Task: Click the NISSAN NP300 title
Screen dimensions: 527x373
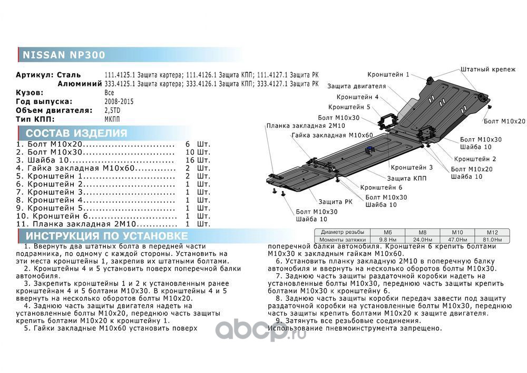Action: (x=63, y=55)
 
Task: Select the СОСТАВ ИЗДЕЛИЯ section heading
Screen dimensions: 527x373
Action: (x=76, y=133)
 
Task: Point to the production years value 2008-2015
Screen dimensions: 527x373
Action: (x=120, y=101)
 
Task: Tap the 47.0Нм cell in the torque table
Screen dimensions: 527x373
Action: (x=458, y=239)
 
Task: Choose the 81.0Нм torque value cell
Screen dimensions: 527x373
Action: (x=492, y=239)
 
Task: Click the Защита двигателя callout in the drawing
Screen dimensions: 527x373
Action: (x=356, y=86)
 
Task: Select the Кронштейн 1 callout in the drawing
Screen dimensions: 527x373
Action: (x=388, y=75)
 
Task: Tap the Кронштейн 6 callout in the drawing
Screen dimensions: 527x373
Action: (x=382, y=187)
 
